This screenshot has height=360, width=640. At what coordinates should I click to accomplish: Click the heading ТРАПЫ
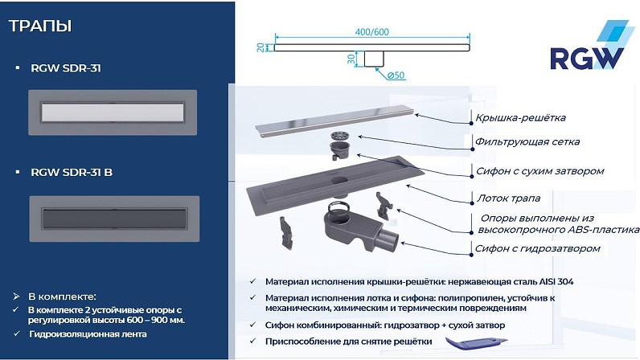[x=40, y=26]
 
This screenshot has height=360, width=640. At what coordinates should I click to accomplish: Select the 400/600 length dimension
[x=371, y=31]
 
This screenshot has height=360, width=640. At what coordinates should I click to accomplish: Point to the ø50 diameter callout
[x=396, y=75]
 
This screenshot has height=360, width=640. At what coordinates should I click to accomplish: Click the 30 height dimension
[x=351, y=59]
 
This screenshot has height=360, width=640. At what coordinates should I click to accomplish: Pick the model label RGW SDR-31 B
[x=72, y=172]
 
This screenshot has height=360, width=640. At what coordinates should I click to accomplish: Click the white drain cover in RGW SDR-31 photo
[x=113, y=112]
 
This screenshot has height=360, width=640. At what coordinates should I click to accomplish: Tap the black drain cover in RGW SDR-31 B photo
[x=114, y=219]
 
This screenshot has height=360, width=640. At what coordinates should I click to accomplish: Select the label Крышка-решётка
[x=520, y=118]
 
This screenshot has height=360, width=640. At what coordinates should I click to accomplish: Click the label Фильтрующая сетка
[x=527, y=141]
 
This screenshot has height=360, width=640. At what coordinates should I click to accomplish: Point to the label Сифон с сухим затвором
[x=539, y=171]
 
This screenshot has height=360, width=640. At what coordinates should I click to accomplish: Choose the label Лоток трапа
[x=509, y=198]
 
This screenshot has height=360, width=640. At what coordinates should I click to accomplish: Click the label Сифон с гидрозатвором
[x=538, y=248]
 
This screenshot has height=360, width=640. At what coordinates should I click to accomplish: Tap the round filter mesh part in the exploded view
[x=339, y=137]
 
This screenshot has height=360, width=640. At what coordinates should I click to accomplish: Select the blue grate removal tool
[x=476, y=343]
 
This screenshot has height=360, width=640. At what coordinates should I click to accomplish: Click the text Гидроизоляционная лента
[x=88, y=334]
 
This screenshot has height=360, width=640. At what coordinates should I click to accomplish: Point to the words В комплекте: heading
[x=62, y=297]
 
